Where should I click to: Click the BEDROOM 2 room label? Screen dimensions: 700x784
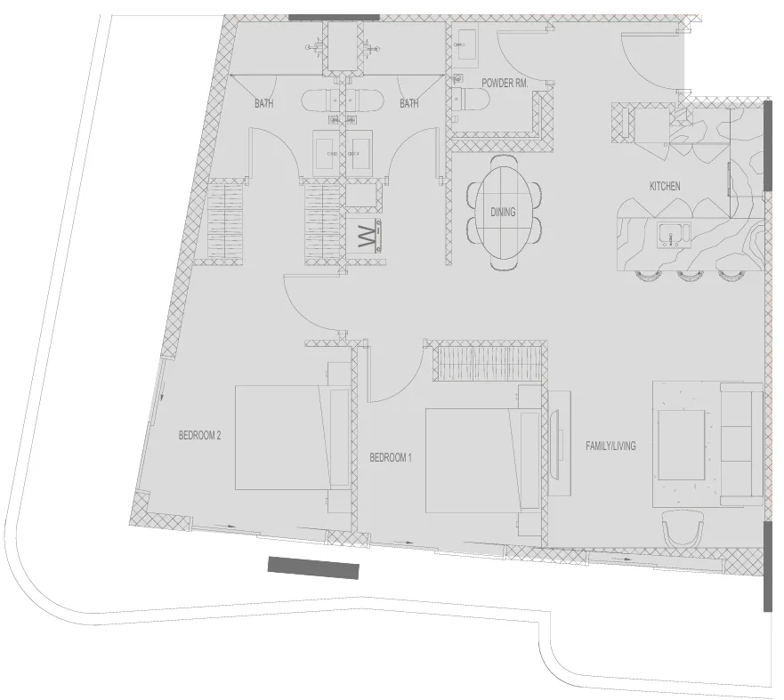pos(199,436)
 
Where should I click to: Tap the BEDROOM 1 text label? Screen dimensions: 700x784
pos(392,458)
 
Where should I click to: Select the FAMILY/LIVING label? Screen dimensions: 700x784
pos(610,446)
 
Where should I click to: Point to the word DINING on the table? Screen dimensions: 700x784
pos(503,213)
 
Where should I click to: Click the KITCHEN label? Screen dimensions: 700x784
pos(665,186)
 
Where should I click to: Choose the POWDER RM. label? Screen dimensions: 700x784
pos(505,83)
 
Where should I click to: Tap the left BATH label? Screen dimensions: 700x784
pos(264,104)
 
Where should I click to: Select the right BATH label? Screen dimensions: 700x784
pos(408,104)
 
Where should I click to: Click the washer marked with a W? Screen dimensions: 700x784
pos(367,237)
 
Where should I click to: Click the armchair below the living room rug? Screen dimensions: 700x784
pos(683,532)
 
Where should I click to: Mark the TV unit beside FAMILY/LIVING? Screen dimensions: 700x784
pos(559,442)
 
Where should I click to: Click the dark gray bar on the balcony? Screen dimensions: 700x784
pos(313,567)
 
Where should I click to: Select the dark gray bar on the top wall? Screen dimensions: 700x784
pos(334,17)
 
